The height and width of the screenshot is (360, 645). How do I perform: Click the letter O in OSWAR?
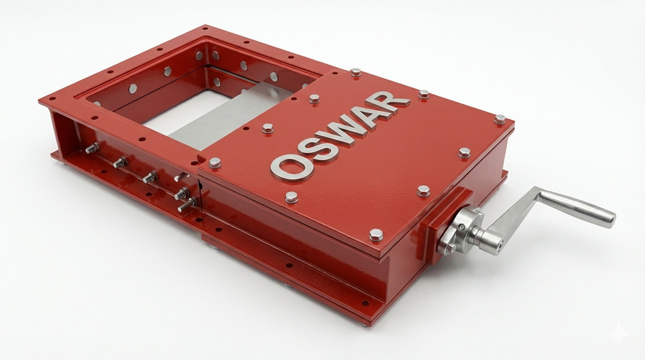pyautogui.click(x=288, y=166)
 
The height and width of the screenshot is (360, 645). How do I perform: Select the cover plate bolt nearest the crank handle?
pyautogui.click(x=464, y=152)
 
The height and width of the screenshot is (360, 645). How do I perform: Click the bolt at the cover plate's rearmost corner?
pyautogui.click(x=355, y=72)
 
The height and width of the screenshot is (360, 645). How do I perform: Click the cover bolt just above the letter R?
pyautogui.click(x=423, y=94)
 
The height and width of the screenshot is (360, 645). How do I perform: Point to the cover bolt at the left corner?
pyautogui.click(x=215, y=162)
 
